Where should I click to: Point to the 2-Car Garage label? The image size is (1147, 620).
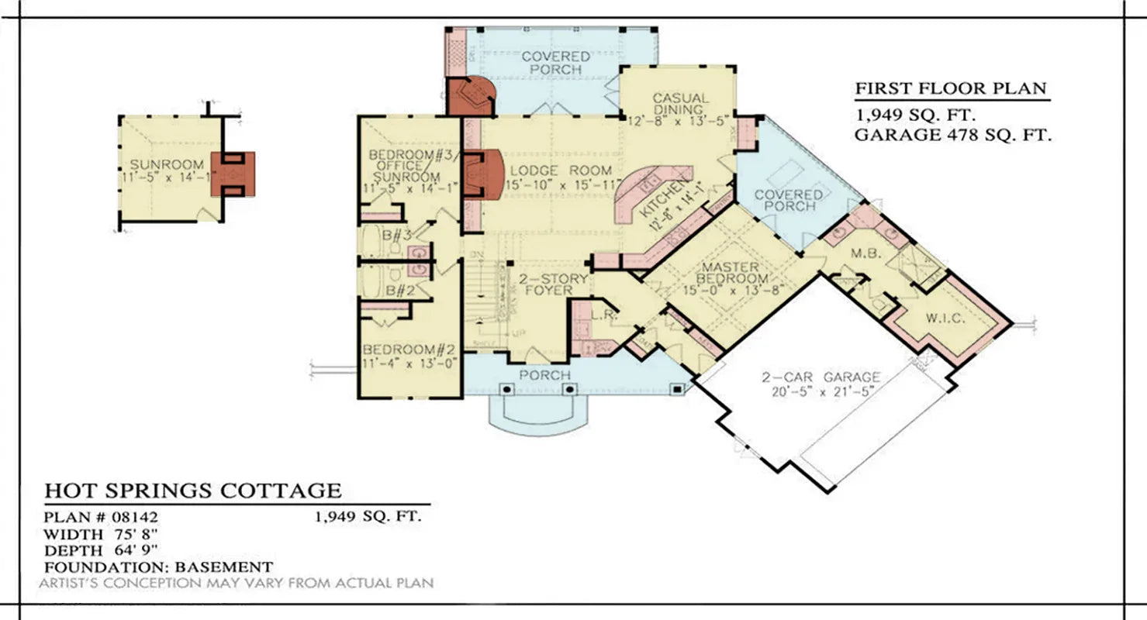(x=819, y=377)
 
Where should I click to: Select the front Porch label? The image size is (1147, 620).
(x=544, y=376)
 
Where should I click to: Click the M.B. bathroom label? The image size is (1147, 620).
(x=863, y=253)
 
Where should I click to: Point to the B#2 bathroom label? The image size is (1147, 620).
(x=399, y=291)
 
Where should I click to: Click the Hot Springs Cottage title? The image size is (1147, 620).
(x=192, y=491)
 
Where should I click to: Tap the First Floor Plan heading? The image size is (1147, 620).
(x=950, y=88)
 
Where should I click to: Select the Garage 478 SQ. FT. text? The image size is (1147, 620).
(x=953, y=136)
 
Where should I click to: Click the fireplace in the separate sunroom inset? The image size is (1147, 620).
(x=233, y=172)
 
